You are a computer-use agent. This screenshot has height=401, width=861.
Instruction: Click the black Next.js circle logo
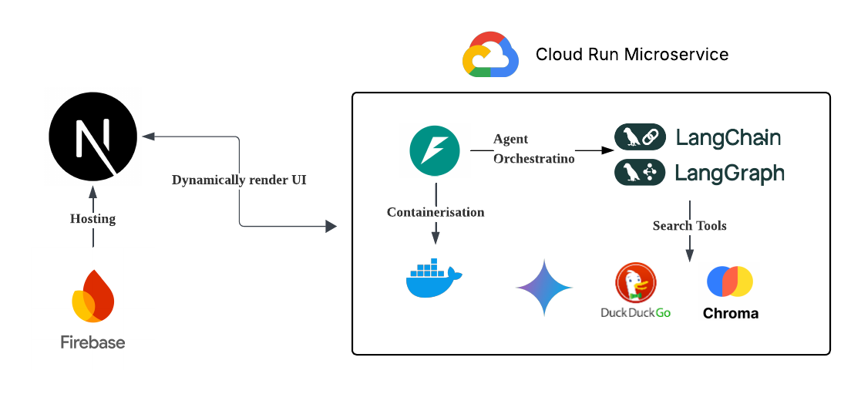[x=93, y=137]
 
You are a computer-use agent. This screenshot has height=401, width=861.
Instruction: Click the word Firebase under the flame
[x=93, y=342]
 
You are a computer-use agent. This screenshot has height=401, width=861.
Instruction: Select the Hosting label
[x=93, y=219]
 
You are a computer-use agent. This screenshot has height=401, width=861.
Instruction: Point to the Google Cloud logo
[x=490, y=55]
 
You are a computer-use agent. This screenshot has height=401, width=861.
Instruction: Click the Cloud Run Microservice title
[x=632, y=55]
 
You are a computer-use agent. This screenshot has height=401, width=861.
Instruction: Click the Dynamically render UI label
[x=239, y=180]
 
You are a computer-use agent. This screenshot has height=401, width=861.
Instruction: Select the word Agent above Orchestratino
[x=511, y=140]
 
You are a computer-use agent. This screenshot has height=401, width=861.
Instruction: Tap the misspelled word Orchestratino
[x=533, y=159]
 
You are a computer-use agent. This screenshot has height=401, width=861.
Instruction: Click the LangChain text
[x=728, y=138]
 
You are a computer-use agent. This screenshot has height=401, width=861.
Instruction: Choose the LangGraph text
[x=729, y=174]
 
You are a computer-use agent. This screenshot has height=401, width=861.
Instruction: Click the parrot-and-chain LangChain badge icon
[x=639, y=138]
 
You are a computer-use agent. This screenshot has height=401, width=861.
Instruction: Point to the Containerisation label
[x=436, y=212]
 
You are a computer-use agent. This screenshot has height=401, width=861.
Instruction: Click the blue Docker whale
[x=434, y=278]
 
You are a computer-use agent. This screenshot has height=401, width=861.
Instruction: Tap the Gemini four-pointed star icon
[x=544, y=287]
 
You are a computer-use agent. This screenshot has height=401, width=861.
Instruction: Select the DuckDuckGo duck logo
[x=635, y=283]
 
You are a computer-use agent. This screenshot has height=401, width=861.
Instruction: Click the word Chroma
[x=730, y=314]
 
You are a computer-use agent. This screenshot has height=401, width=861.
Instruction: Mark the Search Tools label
[x=689, y=226]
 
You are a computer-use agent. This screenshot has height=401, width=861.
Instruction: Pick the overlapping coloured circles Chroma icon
[x=729, y=281]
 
